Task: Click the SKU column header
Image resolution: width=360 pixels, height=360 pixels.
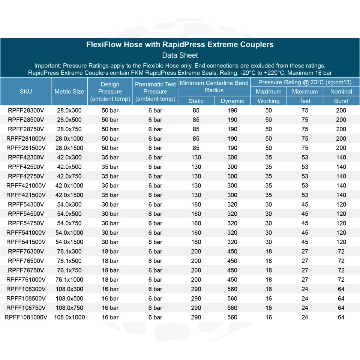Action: [26, 91]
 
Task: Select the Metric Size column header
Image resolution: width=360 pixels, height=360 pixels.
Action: [69, 91]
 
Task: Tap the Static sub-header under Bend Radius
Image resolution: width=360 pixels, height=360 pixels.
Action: [196, 101]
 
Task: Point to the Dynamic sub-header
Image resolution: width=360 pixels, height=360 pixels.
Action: [232, 101]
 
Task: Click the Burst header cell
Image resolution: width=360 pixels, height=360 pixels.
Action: [341, 101]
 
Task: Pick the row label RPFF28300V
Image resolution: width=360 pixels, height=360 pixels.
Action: [26, 110]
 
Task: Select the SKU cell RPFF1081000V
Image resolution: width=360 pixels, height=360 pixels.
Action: [26, 317]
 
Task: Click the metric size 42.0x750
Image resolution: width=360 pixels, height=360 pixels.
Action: [69, 176]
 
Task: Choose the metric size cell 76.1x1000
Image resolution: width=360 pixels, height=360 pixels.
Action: [69, 280]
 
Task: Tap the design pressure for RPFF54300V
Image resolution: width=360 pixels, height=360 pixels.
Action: [110, 204]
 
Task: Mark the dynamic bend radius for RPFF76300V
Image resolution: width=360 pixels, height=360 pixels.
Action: [232, 252]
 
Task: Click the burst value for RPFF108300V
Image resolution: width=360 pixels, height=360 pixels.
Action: [341, 289]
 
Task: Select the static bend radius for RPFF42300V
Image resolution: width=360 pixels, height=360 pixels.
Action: [196, 157]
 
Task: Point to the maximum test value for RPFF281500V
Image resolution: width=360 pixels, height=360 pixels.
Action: [305, 148]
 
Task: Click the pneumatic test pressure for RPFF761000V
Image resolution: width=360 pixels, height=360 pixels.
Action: [155, 280]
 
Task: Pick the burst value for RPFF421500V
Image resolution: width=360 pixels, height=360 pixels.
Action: [341, 195]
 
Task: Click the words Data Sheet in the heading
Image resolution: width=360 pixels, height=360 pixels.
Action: [180, 55]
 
